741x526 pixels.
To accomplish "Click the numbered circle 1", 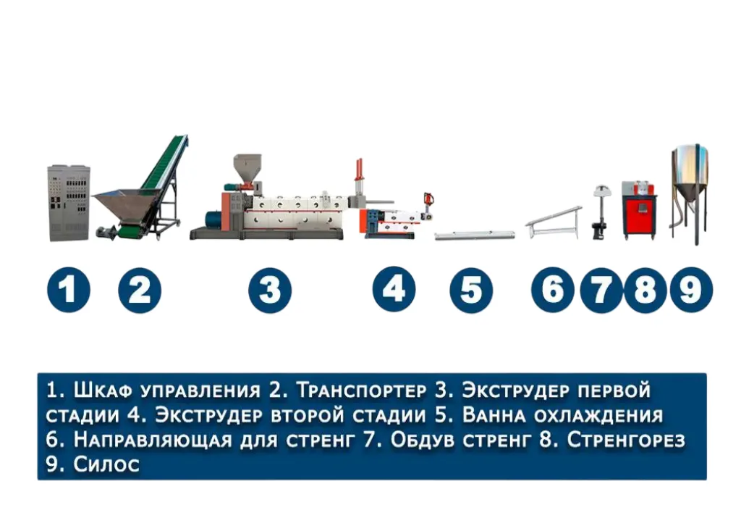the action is tap(69, 290).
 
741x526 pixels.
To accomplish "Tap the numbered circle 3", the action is tap(270, 290).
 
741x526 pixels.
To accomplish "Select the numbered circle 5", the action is tap(471, 290).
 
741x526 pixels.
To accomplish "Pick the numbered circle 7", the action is tap(601, 290).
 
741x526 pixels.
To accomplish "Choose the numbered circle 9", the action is tap(691, 290).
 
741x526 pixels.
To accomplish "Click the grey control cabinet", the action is tap(69, 203).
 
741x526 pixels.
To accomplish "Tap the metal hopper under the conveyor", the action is tap(121, 206).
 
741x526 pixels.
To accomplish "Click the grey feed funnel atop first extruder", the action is tap(247, 167).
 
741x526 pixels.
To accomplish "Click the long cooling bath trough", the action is tap(475, 235).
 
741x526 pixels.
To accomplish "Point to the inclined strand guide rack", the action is tap(554, 222).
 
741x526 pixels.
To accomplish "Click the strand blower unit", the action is tap(601, 212).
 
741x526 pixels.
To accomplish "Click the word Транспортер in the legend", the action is tap(362, 391).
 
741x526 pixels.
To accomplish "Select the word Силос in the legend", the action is tap(106, 464).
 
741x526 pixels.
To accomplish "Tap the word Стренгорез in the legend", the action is tap(626, 440).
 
